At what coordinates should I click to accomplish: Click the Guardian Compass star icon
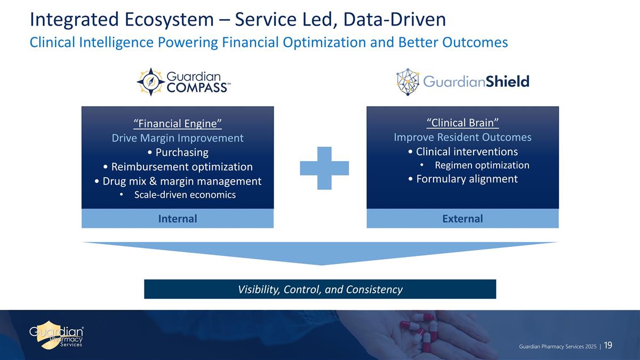pyautogui.click(x=150, y=82)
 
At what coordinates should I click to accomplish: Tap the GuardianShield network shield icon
pyautogui.click(x=408, y=81)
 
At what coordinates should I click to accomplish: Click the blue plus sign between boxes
pyautogui.click(x=324, y=168)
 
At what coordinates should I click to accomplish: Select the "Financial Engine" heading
pyautogui.click(x=178, y=124)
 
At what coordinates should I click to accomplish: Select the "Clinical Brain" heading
pyautogui.click(x=462, y=123)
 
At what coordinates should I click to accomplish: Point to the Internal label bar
pyautogui.click(x=178, y=219)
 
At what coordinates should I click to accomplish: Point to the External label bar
pyautogui.click(x=462, y=219)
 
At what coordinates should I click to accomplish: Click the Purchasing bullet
pyautogui.click(x=178, y=153)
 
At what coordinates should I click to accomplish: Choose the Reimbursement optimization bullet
pyautogui.click(x=178, y=166)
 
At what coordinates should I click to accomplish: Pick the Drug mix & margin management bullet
pyautogui.click(x=178, y=181)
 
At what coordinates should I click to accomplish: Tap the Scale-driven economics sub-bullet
pyautogui.click(x=184, y=195)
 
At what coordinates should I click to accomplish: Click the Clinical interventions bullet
pyautogui.click(x=462, y=151)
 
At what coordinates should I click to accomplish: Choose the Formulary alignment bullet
pyautogui.click(x=462, y=179)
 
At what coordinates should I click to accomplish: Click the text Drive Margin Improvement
pyautogui.click(x=178, y=138)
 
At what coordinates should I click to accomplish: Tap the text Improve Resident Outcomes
pyautogui.click(x=462, y=137)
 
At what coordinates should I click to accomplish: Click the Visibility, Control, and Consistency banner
pyautogui.click(x=320, y=290)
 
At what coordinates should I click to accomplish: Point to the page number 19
pyautogui.click(x=608, y=346)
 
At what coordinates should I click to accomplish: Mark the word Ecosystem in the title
pyautogui.click(x=178, y=20)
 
